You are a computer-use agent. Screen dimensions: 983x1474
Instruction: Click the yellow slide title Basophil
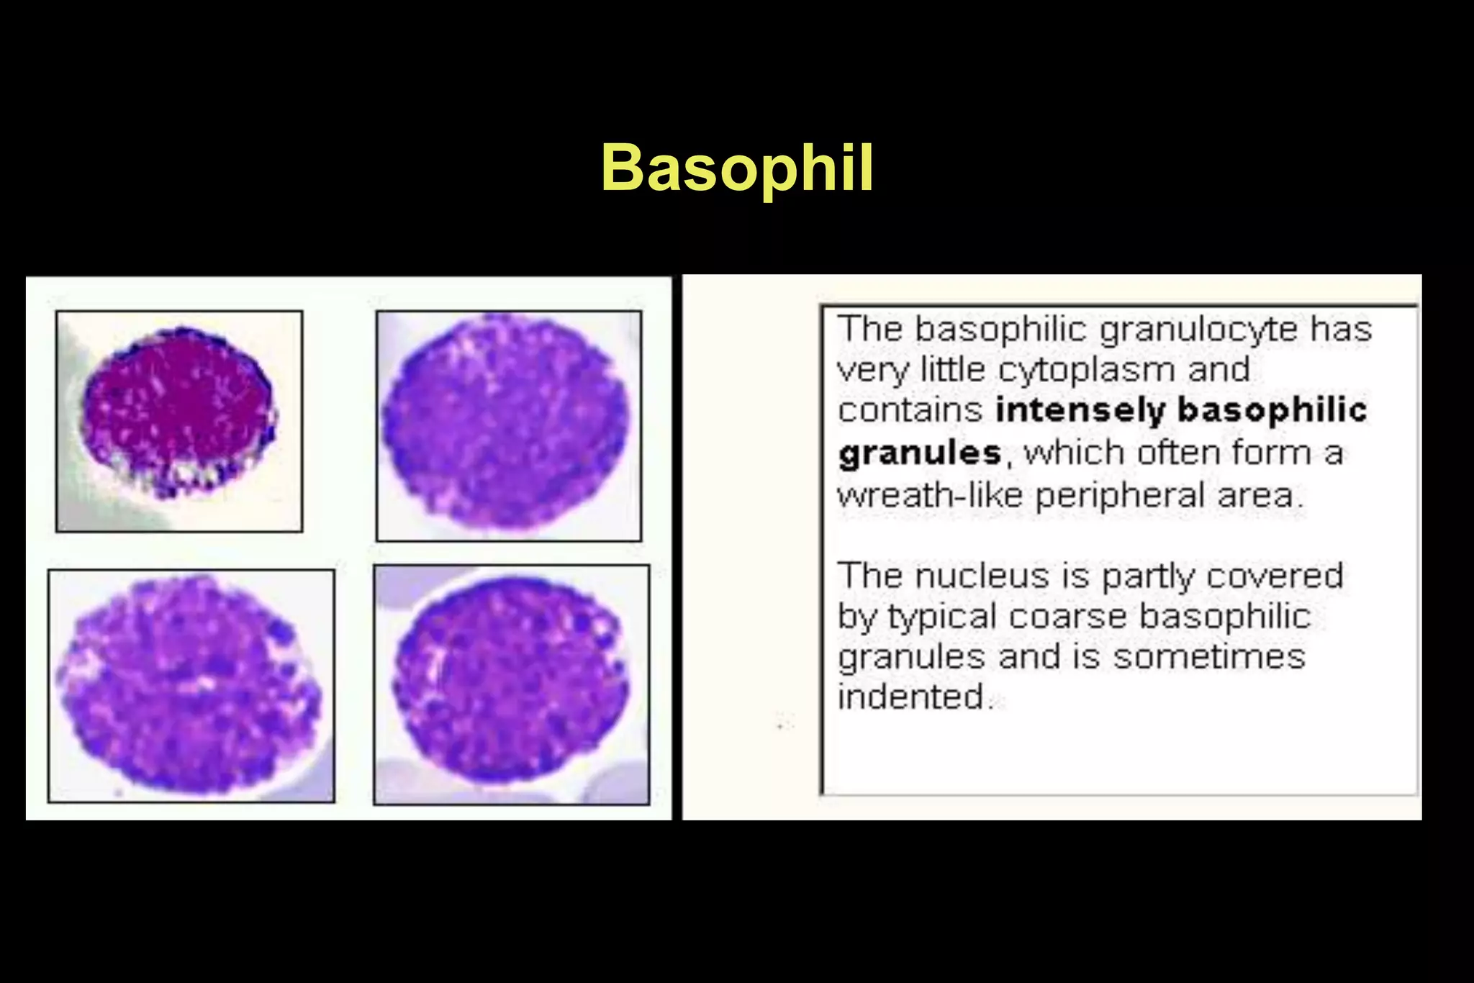tap(737, 168)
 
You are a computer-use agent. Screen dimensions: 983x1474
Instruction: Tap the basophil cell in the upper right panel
tap(506, 421)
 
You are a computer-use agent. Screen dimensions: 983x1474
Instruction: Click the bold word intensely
tap(1080, 411)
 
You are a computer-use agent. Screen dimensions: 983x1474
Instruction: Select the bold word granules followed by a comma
tap(920, 454)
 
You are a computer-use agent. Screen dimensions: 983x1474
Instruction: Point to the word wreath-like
tap(929, 496)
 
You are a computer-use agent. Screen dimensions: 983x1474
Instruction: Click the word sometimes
tap(1209, 657)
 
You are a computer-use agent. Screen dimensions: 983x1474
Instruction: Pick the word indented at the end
tap(911, 697)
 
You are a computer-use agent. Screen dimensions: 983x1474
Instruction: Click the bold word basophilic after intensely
tap(1272, 411)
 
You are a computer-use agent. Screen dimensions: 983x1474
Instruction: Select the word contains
tap(910, 411)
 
